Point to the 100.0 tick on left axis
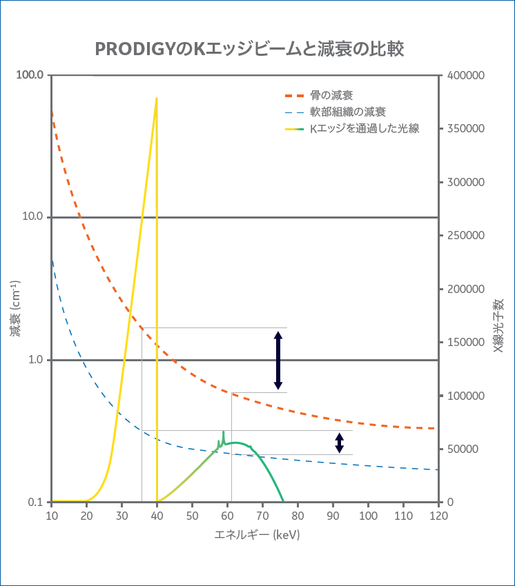tap(30, 74)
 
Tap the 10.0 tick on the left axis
tap(32, 217)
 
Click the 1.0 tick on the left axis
tap(35, 360)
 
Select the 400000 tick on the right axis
tap(465, 75)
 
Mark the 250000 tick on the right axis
tap(465, 236)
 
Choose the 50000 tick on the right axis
tap(462, 449)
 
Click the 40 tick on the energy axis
tap(157, 516)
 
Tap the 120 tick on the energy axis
tap(438, 516)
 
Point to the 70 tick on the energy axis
tap(262, 516)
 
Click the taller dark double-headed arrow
tap(278, 361)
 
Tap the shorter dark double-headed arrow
tap(339, 443)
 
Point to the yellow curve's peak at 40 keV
tap(157, 99)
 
